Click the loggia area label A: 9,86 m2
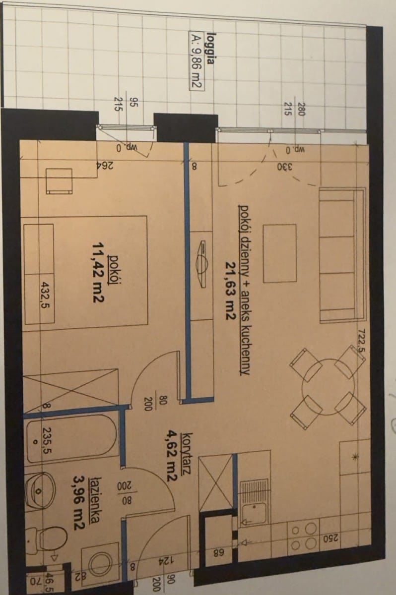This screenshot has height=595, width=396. (196, 61)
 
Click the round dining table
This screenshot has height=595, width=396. (328, 387)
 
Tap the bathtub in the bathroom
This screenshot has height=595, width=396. (71, 438)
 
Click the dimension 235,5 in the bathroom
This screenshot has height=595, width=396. (47, 440)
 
